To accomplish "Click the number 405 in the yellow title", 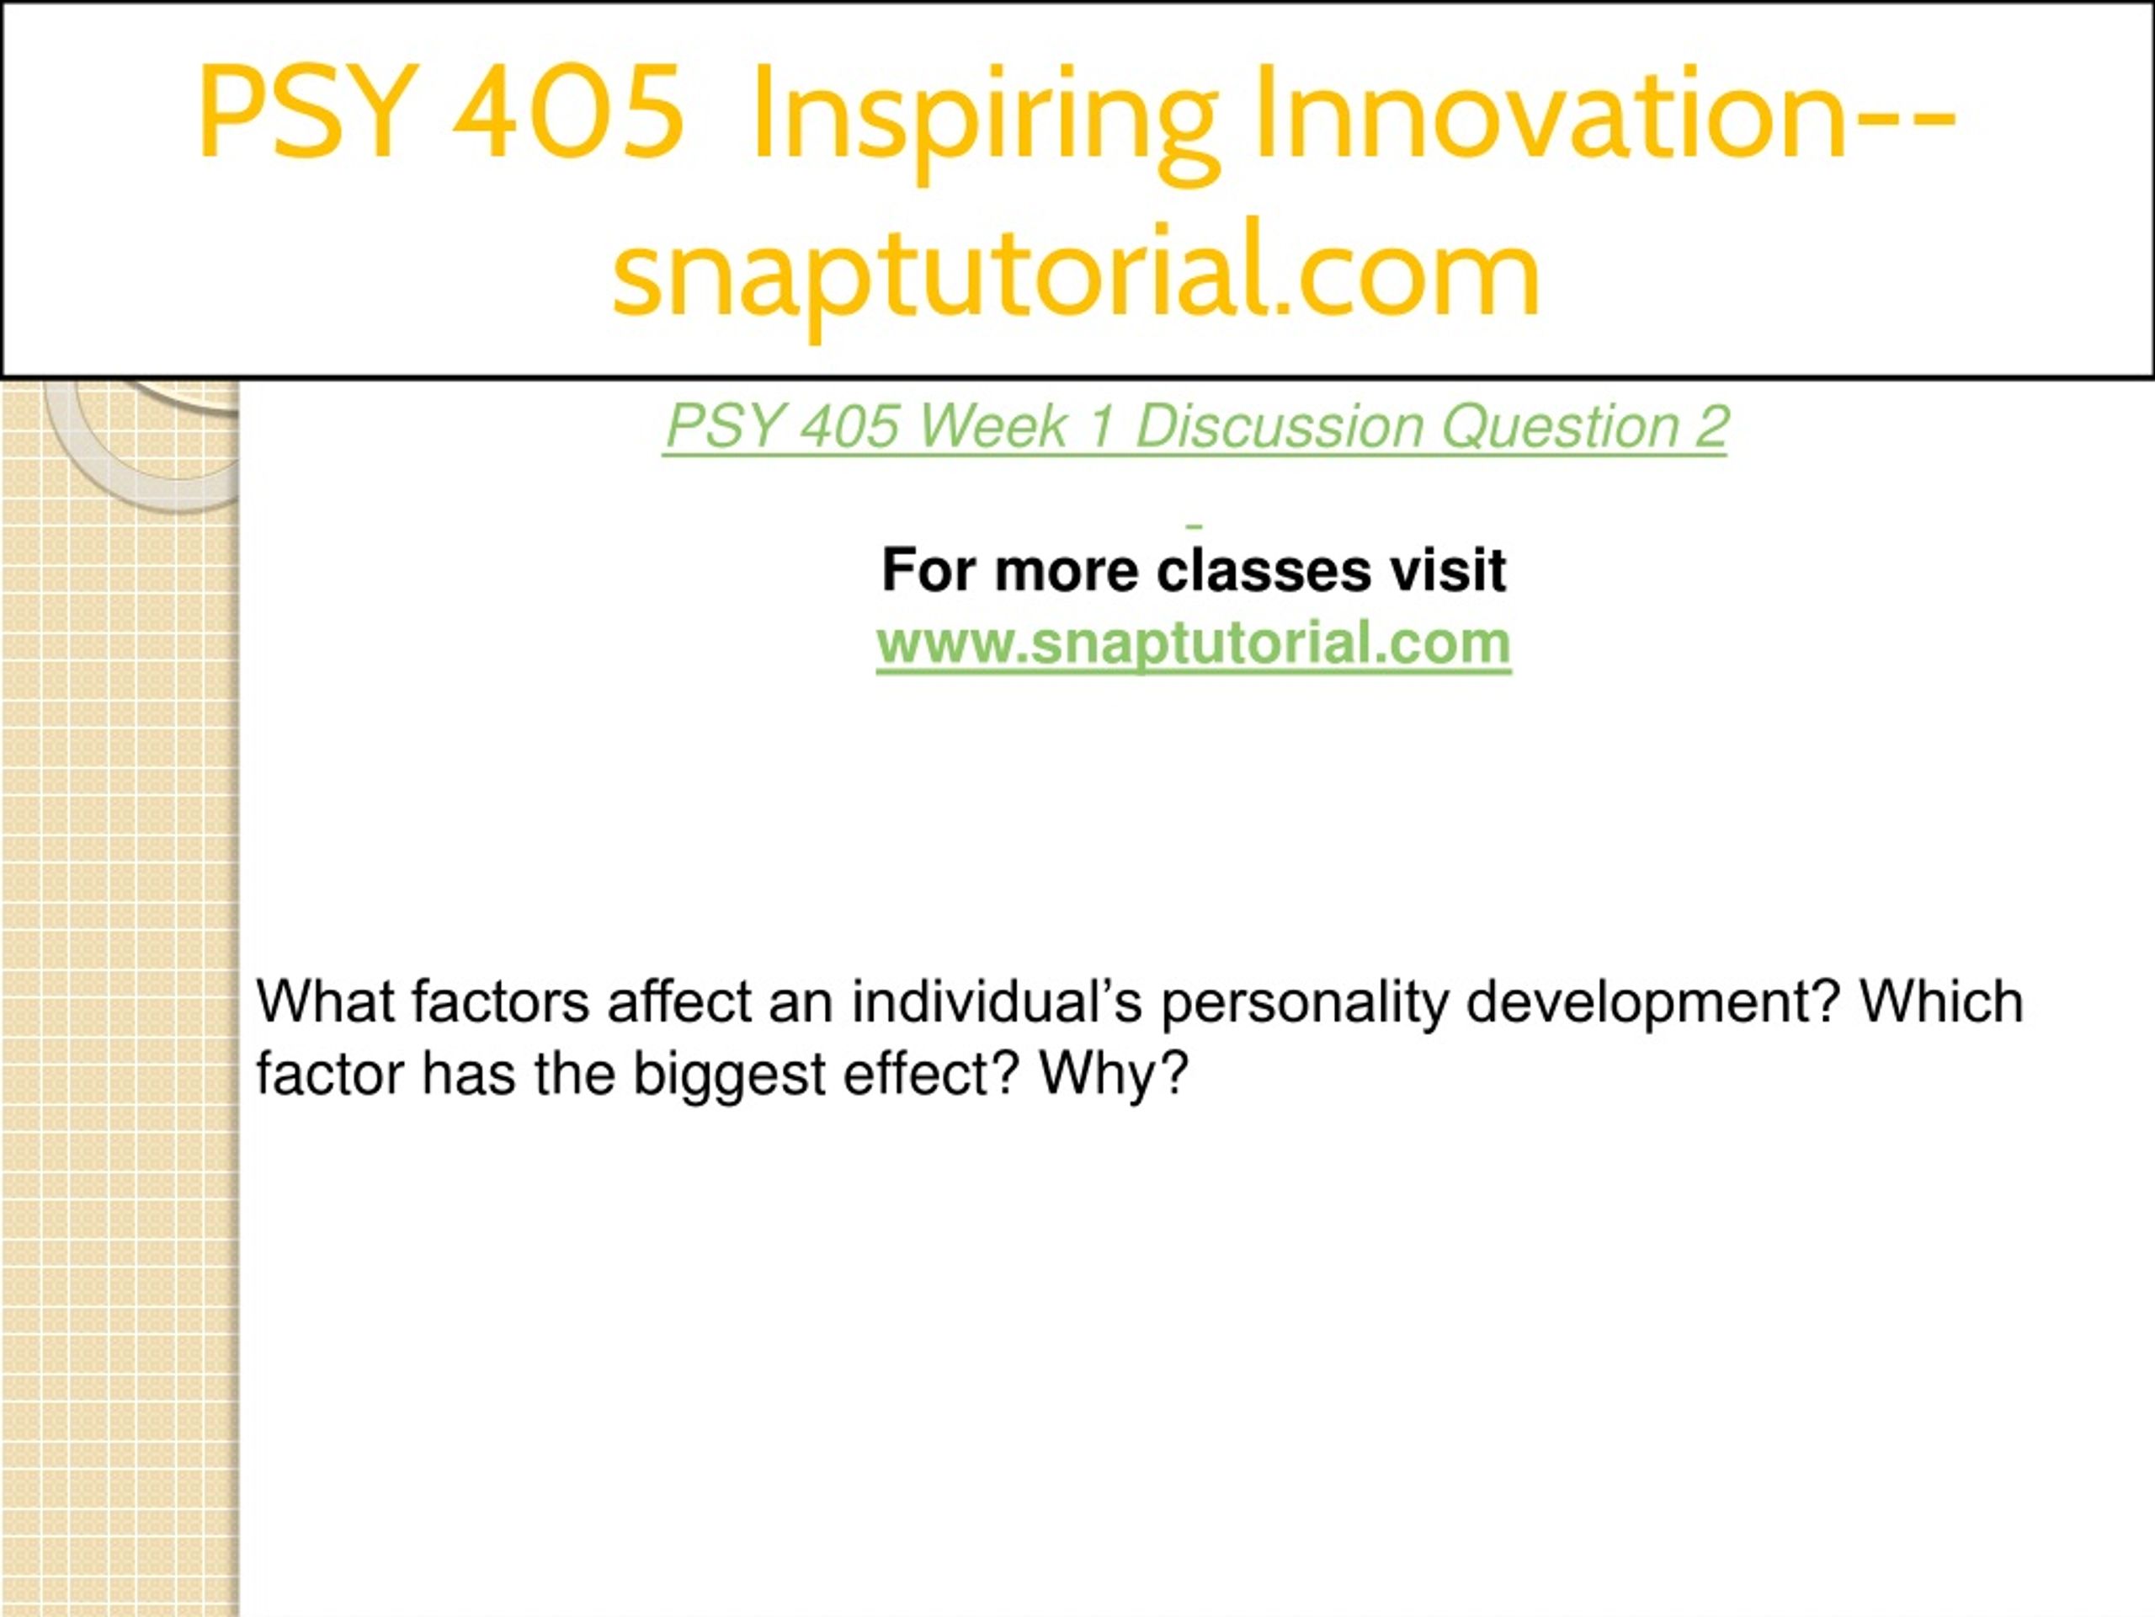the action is pyautogui.click(x=568, y=111).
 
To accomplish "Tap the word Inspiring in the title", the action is pyautogui.click(x=985, y=121).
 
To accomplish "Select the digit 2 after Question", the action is pyautogui.click(x=1711, y=426).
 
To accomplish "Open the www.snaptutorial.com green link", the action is pyautogui.click(x=1194, y=644).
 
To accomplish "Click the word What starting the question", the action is pyautogui.click(x=324, y=1001).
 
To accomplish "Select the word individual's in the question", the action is pyautogui.click(x=997, y=1001).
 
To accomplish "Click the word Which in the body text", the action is pyautogui.click(x=1942, y=1001).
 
